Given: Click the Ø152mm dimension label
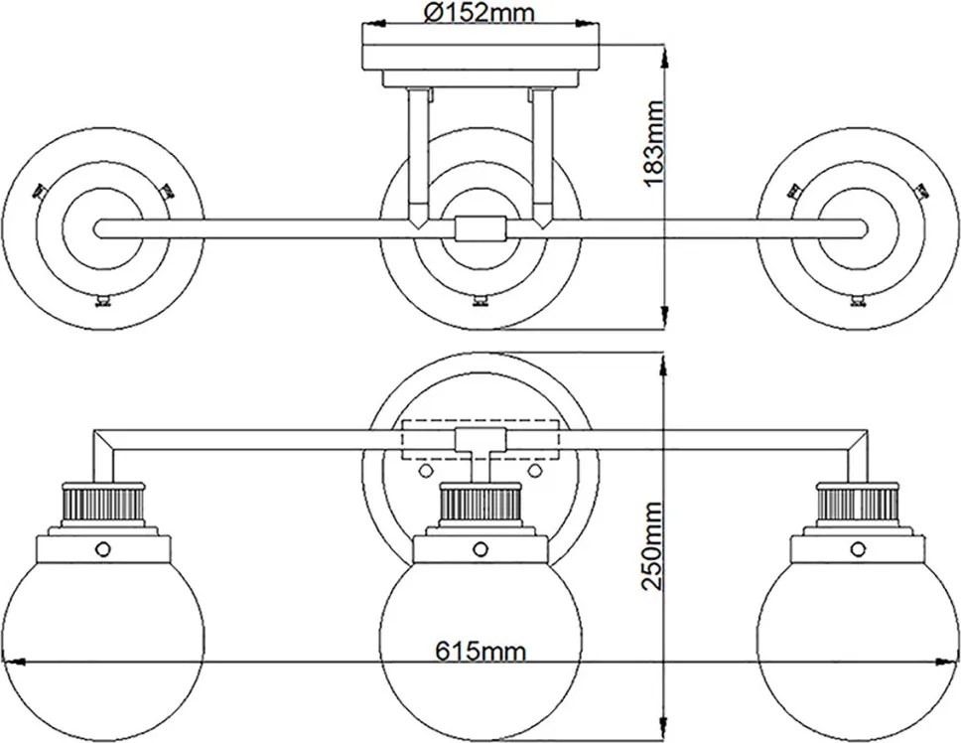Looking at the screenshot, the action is [480, 12].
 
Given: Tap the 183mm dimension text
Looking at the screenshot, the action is [654, 143].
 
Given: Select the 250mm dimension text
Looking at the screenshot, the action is [651, 545].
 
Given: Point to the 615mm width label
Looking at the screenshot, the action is [480, 651].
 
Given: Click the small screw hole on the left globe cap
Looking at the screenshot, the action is [103, 547].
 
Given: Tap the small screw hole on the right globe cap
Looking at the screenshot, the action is [858, 547].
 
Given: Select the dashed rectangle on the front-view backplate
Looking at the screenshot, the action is [480, 440].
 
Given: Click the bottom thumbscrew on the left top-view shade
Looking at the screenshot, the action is [102, 301].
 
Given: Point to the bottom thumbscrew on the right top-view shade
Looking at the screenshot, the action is [859, 301].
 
